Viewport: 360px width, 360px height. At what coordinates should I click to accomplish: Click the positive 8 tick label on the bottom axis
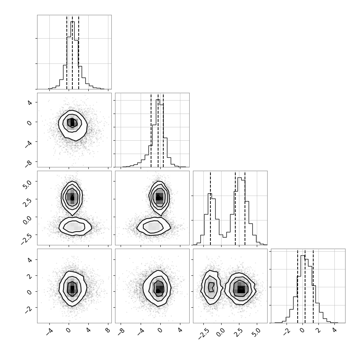(x=108, y=330)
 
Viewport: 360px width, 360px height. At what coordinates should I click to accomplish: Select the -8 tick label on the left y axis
(x=28, y=163)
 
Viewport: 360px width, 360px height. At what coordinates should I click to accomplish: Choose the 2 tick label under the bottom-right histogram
(x=318, y=330)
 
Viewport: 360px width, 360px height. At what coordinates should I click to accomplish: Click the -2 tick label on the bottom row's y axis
(x=28, y=310)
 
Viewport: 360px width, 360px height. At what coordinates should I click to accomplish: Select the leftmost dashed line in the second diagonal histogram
(x=151, y=130)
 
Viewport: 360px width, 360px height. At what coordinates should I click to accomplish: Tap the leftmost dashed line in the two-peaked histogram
(x=210, y=208)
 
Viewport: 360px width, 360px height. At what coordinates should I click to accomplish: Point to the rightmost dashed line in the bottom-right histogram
(x=313, y=286)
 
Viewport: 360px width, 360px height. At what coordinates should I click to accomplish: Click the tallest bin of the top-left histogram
(x=72, y=55)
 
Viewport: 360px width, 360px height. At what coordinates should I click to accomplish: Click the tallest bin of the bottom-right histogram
(x=302, y=289)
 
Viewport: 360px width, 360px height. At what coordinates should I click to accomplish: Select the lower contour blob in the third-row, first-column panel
(x=75, y=226)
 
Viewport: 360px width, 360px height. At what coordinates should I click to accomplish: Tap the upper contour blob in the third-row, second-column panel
(x=159, y=198)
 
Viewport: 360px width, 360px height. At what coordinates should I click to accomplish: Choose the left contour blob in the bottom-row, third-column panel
(x=211, y=287)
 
